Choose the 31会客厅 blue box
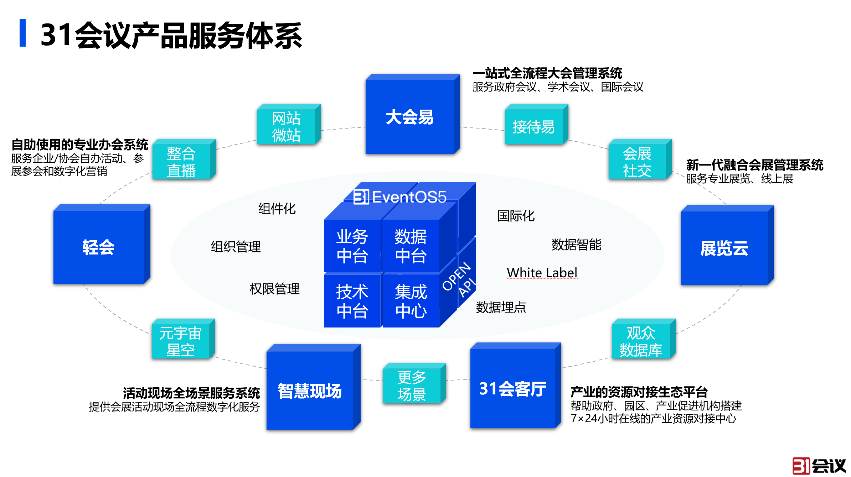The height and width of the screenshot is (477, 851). pyautogui.click(x=512, y=388)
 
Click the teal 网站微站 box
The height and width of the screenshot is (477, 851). pyautogui.click(x=286, y=126)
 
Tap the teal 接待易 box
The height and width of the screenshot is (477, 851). pyautogui.click(x=533, y=127)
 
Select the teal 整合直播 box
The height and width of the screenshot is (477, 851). pyautogui.click(x=181, y=162)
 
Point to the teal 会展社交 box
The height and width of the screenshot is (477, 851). pyautogui.click(x=637, y=162)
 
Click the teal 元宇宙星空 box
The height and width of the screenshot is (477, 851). pyautogui.click(x=180, y=341)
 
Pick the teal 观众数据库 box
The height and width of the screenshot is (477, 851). pyautogui.click(x=641, y=341)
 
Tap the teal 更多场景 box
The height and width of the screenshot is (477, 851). pyautogui.click(x=412, y=386)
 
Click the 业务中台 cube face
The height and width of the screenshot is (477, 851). pyautogui.click(x=352, y=246)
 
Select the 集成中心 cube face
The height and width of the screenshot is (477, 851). pyautogui.click(x=411, y=301)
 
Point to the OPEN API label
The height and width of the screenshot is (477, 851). pyautogui.click(x=459, y=280)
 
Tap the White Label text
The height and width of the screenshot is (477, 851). pyautogui.click(x=542, y=273)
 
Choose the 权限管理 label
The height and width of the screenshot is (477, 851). pyautogui.click(x=274, y=289)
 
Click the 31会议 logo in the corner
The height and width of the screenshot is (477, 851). pyautogui.click(x=819, y=465)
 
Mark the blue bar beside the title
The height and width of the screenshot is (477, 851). pyautogui.click(x=22, y=33)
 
